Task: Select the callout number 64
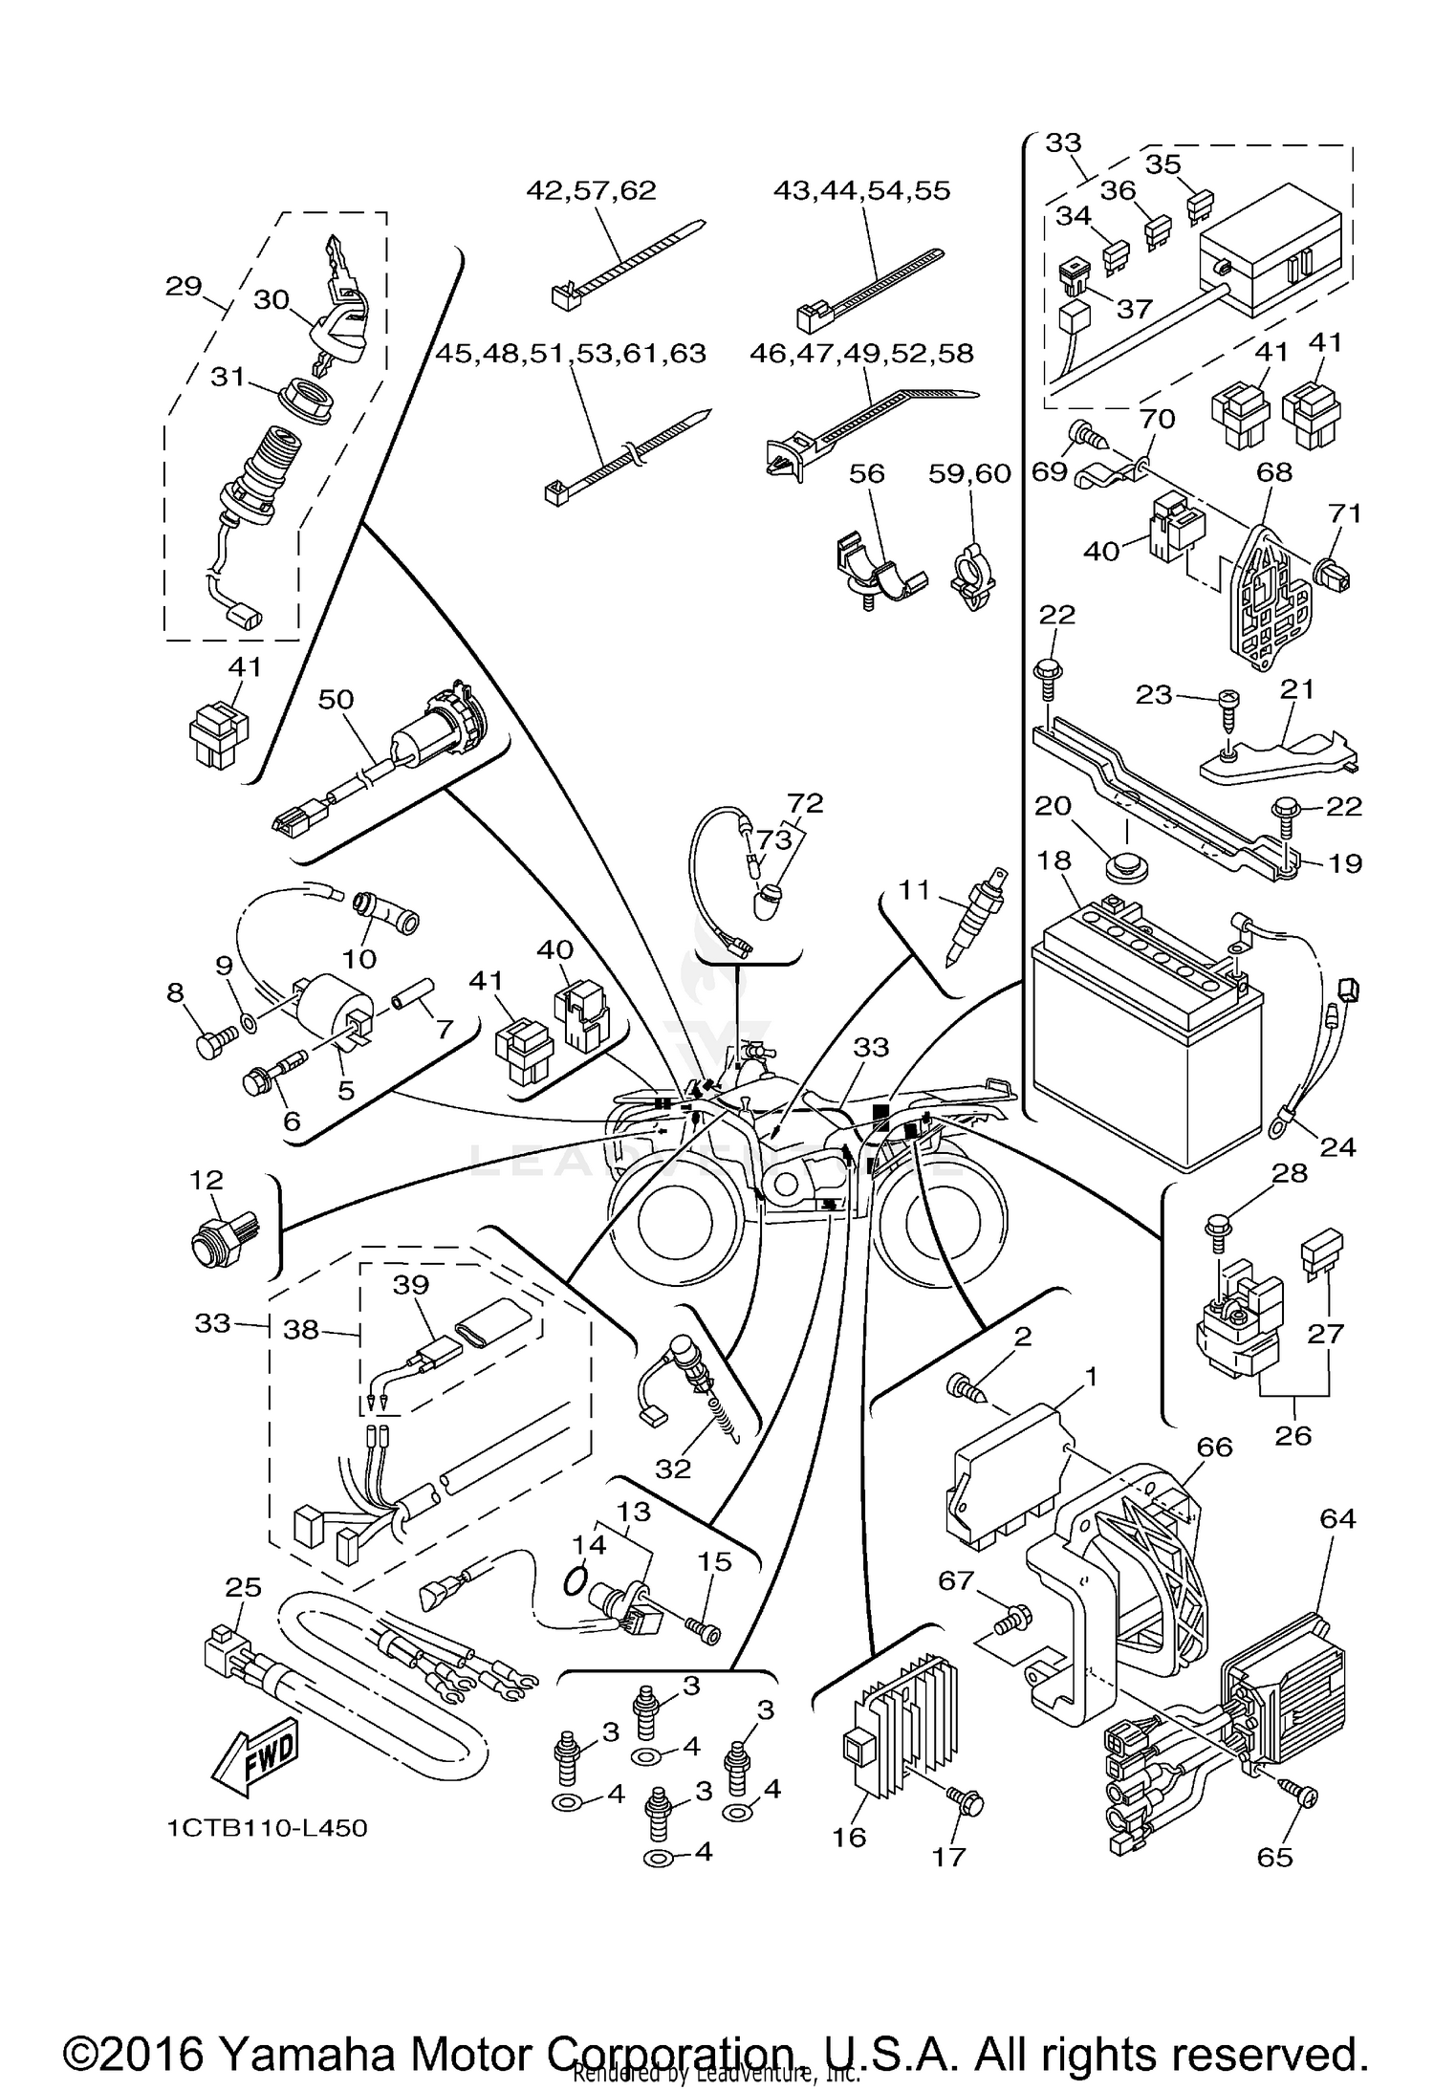pyautogui.click(x=1337, y=1517)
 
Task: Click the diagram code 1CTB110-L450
pyautogui.click(x=267, y=1828)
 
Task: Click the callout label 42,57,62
pyautogui.click(x=591, y=190)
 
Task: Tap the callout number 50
pyautogui.click(x=336, y=700)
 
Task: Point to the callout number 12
pyautogui.click(x=206, y=1180)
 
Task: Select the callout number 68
pyautogui.click(x=1274, y=471)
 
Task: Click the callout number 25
pyautogui.click(x=243, y=1588)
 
